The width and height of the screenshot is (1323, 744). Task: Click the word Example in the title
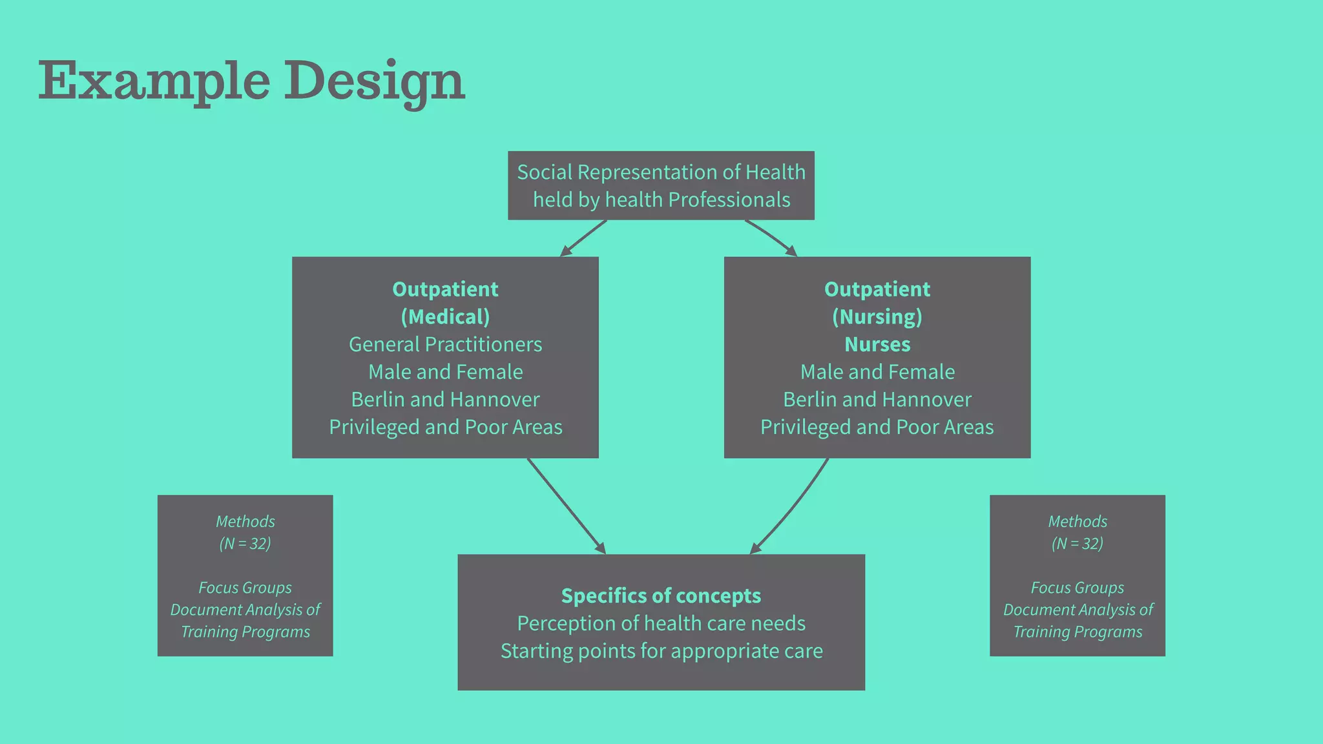(154, 81)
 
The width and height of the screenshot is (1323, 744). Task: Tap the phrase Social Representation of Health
(661, 172)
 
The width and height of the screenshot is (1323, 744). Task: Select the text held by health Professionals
(661, 200)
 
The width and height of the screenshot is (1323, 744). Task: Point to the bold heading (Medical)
(445, 317)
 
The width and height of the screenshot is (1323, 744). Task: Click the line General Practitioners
(445, 345)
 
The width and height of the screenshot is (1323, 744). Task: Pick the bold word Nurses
(877, 345)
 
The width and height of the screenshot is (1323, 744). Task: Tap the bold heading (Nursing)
(877, 317)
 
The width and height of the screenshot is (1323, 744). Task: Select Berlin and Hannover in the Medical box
(445, 400)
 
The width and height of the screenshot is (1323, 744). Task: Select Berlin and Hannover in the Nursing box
(877, 400)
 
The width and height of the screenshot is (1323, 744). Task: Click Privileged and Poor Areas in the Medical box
(445, 428)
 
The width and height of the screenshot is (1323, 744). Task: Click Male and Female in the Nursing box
(877, 372)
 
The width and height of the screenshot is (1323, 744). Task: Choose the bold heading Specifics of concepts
(661, 596)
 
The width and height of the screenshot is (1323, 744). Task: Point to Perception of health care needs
(661, 624)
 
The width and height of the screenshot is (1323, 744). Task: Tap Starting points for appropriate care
(661, 651)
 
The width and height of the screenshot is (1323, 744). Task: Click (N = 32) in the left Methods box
(245, 544)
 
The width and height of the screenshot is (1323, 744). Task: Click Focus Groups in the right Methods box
(1077, 588)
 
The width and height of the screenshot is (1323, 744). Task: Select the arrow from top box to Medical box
(583, 238)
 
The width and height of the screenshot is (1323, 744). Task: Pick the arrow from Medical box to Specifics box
(566, 506)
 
